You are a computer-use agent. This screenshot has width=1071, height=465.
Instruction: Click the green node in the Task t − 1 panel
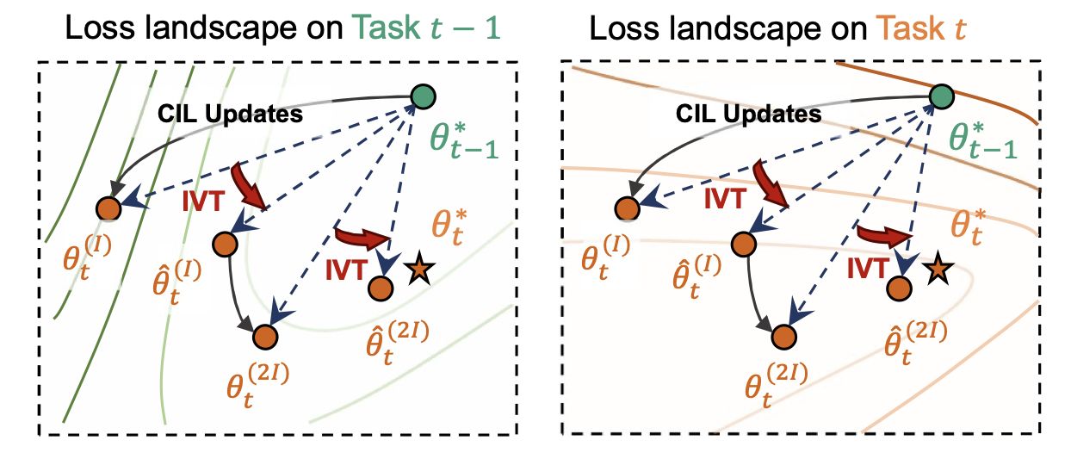tap(423, 96)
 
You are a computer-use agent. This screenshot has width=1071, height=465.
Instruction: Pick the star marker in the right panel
tap(936, 270)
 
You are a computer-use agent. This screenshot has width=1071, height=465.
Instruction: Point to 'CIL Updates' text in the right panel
tap(749, 113)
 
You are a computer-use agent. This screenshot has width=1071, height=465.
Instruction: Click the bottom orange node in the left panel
tap(266, 336)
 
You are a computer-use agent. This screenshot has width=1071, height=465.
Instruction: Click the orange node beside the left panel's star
tap(381, 288)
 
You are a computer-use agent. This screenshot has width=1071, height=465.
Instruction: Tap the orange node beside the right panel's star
tap(898, 288)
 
